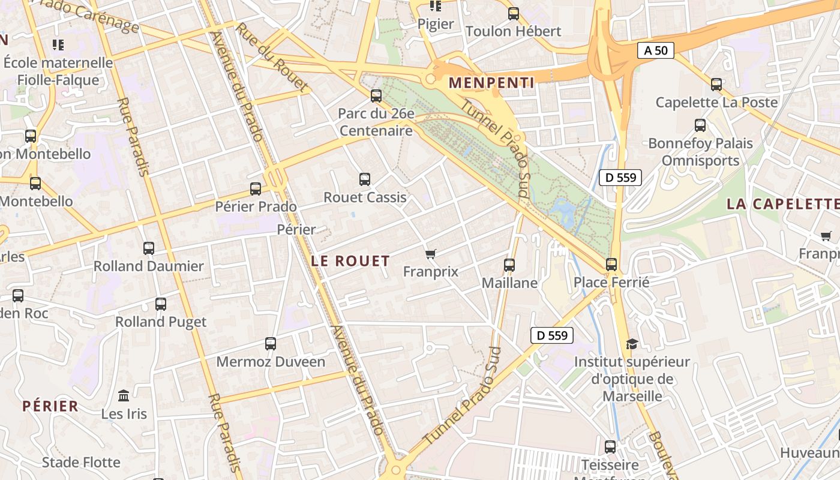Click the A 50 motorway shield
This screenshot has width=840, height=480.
pyautogui.click(x=655, y=50)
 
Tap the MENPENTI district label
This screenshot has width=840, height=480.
pyautogui.click(x=491, y=83)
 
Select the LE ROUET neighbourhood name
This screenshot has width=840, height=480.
pyautogui.click(x=350, y=261)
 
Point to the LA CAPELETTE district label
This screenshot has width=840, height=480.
pyautogui.click(x=782, y=204)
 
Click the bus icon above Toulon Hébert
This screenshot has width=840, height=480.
pyautogui.click(x=514, y=14)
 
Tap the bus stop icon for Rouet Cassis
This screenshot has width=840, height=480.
pyautogui.click(x=364, y=179)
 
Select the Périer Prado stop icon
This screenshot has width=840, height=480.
pyautogui.click(x=256, y=189)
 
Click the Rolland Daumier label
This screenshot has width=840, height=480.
pyautogui.click(x=149, y=266)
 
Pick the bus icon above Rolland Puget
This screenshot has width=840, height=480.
pyautogui.click(x=161, y=304)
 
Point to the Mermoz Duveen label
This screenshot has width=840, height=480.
pyautogui.click(x=271, y=362)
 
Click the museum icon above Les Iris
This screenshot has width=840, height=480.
pyautogui.click(x=124, y=396)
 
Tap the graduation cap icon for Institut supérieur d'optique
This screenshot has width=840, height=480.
pyautogui.click(x=632, y=344)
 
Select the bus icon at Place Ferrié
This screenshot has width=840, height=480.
pyautogui.click(x=611, y=264)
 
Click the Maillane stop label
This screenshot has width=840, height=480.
pyautogui.click(x=509, y=283)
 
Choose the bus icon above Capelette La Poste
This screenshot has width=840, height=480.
pyautogui.click(x=716, y=85)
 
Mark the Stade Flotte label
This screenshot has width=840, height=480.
pyautogui.click(x=81, y=462)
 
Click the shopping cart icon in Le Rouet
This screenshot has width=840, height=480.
pyautogui.click(x=430, y=254)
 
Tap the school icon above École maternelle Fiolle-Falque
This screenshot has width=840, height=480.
pyautogui.click(x=58, y=44)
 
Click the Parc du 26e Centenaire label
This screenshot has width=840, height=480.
pyautogui.click(x=376, y=122)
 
